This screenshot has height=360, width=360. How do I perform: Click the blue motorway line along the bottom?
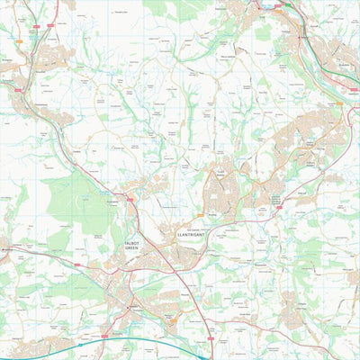click(x=135, y=339)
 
